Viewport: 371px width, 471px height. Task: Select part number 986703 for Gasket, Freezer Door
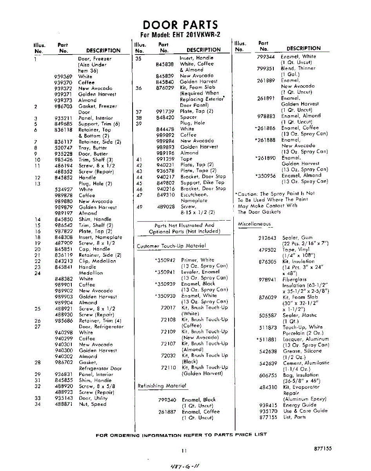click(64, 106)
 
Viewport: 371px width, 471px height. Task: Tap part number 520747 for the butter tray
click(64, 148)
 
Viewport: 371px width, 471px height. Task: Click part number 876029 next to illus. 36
click(165, 88)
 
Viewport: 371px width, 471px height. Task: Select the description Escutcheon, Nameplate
click(194, 197)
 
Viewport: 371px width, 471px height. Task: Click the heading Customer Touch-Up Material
click(171, 246)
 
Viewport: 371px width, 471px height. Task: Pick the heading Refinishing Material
click(162, 386)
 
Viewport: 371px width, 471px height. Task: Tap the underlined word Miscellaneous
click(254, 224)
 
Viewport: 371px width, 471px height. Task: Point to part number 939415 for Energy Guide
click(268, 405)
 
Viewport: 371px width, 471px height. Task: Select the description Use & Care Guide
click(305, 411)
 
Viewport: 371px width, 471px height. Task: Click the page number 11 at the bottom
click(184, 451)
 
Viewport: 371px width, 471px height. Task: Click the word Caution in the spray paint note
click(247, 194)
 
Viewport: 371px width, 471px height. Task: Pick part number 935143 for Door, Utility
click(64, 398)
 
